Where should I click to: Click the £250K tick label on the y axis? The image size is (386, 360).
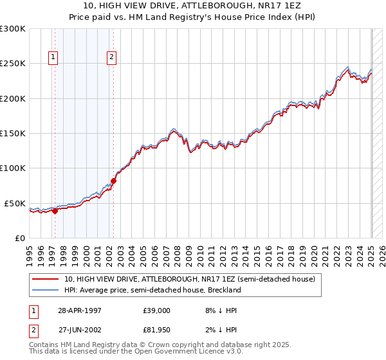pyautogui.click(x=12, y=64)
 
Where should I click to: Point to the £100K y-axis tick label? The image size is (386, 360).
pyautogui.click(x=12, y=168)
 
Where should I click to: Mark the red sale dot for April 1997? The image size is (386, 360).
pyautogui.click(x=55, y=210)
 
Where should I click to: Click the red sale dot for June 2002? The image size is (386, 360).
pyautogui.click(x=113, y=181)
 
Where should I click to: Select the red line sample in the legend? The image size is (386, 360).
pyautogui.click(x=46, y=279)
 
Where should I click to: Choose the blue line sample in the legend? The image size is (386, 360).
pyautogui.click(x=46, y=290)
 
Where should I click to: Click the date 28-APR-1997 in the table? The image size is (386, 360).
pyautogui.click(x=78, y=310)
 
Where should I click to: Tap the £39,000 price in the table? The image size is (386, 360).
pyautogui.click(x=157, y=310)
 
